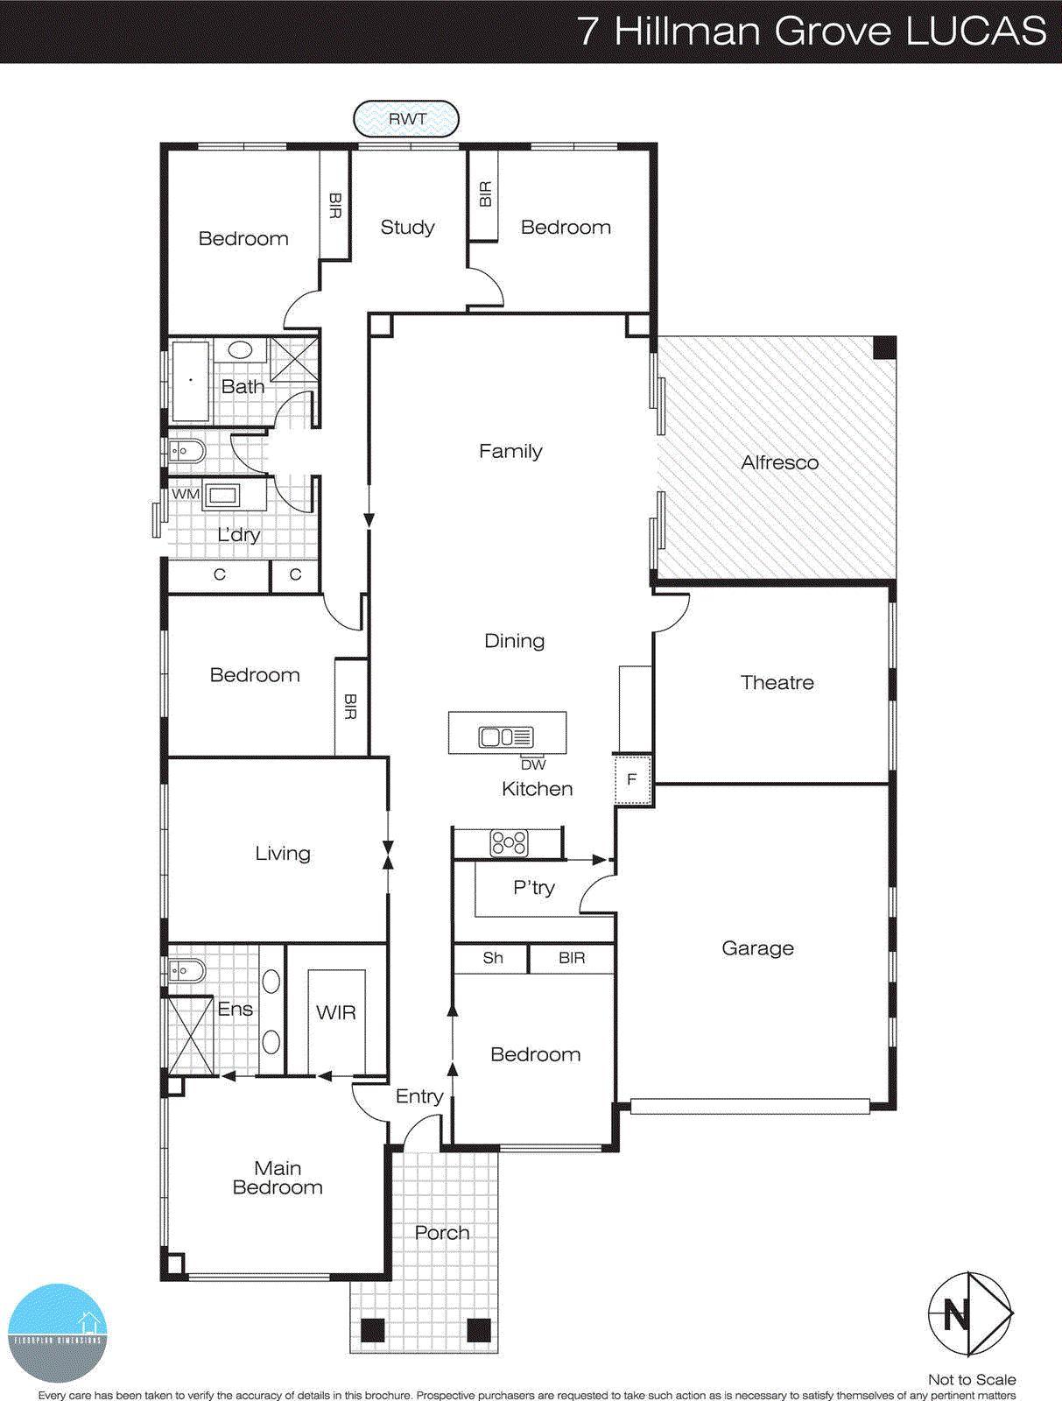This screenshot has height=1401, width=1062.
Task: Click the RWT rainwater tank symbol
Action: (x=406, y=119)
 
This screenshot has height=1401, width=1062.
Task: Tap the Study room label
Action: (x=407, y=228)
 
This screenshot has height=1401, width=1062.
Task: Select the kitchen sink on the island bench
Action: (x=506, y=737)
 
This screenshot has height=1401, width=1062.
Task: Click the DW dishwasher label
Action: (x=533, y=764)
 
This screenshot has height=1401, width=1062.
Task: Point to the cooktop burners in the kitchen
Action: (x=509, y=843)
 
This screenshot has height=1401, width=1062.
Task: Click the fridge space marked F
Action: (x=632, y=779)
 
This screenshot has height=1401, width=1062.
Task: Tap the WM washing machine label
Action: (x=185, y=494)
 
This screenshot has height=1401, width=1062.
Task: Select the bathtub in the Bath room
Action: (x=191, y=381)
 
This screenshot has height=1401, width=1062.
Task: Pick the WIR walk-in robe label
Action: (x=336, y=1013)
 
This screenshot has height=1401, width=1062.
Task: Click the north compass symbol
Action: (x=969, y=1314)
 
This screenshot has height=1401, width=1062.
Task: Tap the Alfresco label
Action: (x=779, y=462)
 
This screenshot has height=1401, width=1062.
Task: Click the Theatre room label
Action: (x=777, y=682)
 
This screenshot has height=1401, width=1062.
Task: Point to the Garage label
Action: (x=757, y=948)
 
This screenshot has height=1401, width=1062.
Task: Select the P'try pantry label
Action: (x=534, y=888)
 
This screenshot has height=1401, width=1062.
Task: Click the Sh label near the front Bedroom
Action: (x=493, y=958)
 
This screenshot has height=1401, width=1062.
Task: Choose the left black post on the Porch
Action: (x=373, y=1330)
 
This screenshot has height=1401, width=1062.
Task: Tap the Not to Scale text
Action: (x=972, y=1379)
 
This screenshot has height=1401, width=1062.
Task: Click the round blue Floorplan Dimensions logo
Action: (x=58, y=1333)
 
